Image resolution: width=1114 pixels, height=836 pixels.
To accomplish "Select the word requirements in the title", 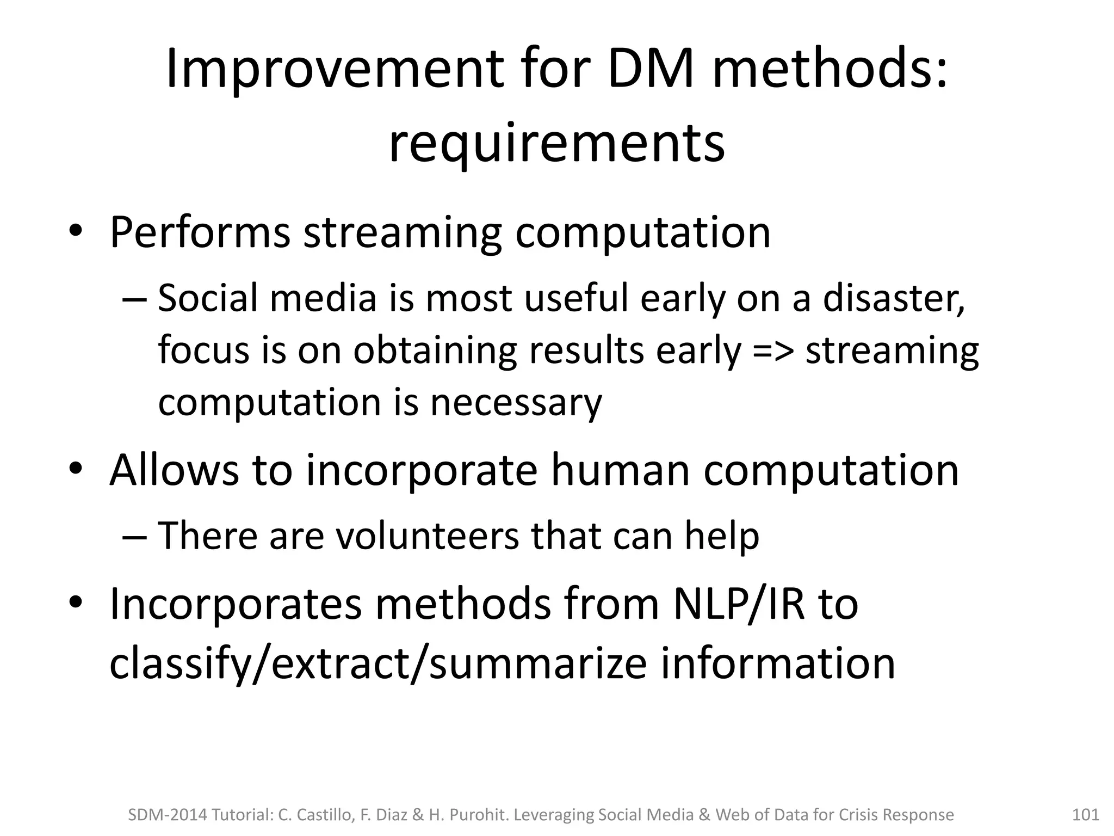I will point(556,144).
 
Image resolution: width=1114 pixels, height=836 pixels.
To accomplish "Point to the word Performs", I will point(200,233).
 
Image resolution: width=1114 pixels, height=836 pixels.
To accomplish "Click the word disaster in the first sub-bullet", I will point(894,298).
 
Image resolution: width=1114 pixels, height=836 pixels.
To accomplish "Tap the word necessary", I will point(516,403).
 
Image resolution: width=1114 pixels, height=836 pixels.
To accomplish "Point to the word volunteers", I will point(427,537).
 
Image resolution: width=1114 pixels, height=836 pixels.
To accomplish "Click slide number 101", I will point(1085,815).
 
